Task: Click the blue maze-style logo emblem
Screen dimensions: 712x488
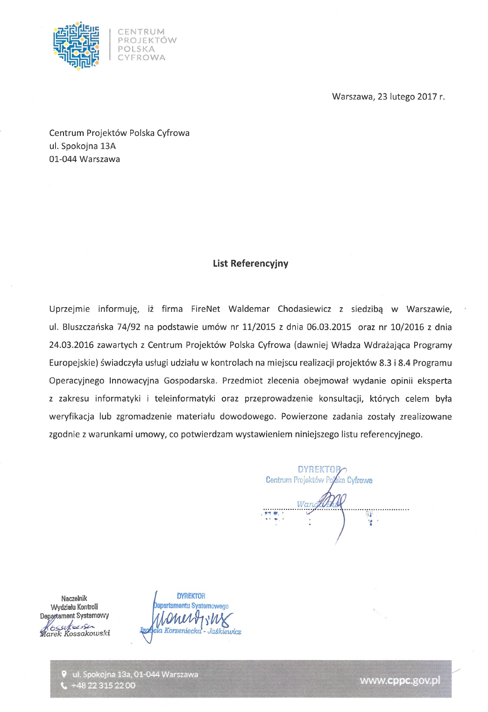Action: pyautogui.click(x=76, y=45)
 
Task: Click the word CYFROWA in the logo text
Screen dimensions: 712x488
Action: pyautogui.click(x=141, y=57)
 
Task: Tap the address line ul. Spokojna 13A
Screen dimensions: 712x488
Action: pyautogui.click(x=82, y=146)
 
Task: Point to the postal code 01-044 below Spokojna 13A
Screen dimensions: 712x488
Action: pyautogui.click(x=63, y=159)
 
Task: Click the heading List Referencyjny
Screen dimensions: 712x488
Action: pyautogui.click(x=250, y=263)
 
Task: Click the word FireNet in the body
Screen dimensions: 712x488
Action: pyautogui.click(x=205, y=309)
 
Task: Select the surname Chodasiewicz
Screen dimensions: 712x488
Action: pyautogui.click(x=304, y=309)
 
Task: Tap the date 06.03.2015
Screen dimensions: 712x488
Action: pyautogui.click(x=329, y=327)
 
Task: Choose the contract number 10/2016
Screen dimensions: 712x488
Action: pyautogui.click(x=407, y=327)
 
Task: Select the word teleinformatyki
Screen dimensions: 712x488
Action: pyautogui.click(x=185, y=399)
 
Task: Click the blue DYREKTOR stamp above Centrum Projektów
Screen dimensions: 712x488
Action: pyautogui.click(x=319, y=469)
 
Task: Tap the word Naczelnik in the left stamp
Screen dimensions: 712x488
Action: pyautogui.click(x=74, y=598)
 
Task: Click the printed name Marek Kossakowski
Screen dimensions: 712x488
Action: pyautogui.click(x=75, y=634)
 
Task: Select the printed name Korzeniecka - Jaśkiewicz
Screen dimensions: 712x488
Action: pyautogui.click(x=203, y=631)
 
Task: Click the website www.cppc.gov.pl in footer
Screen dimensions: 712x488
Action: pyautogui.click(x=400, y=680)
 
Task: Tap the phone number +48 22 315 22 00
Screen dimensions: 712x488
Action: pyautogui.click(x=103, y=685)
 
